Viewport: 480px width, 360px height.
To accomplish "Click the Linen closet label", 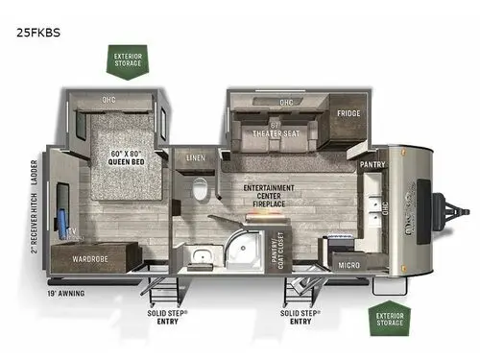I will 197,156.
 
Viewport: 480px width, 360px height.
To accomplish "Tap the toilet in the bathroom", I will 199,189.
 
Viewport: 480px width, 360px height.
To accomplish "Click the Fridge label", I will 348,112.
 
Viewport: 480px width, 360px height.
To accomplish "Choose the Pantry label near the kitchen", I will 372,164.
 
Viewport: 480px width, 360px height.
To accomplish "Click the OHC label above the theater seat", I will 285,102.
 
